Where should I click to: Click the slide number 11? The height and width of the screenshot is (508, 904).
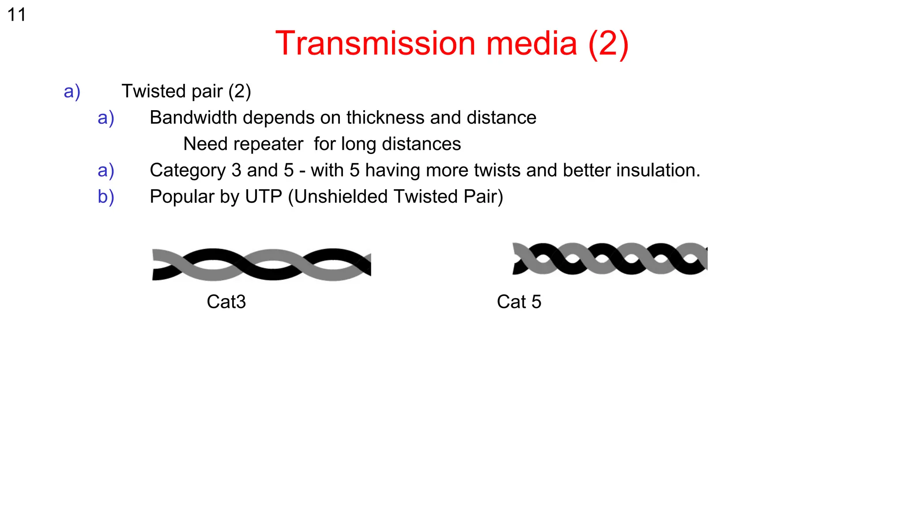pos(16,15)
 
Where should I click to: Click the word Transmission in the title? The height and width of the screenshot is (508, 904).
pos(375,44)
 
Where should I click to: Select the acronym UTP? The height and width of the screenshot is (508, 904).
pos(264,197)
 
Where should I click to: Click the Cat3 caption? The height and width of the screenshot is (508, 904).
pos(226,302)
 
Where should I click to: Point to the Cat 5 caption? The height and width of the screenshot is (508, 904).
pos(519,302)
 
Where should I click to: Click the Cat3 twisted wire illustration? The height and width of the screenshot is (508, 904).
pos(261,265)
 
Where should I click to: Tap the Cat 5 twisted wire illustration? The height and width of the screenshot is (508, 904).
pos(610,259)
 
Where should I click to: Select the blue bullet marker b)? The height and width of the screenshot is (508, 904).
pos(106,197)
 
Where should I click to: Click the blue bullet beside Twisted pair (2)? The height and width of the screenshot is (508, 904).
pos(72,92)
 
